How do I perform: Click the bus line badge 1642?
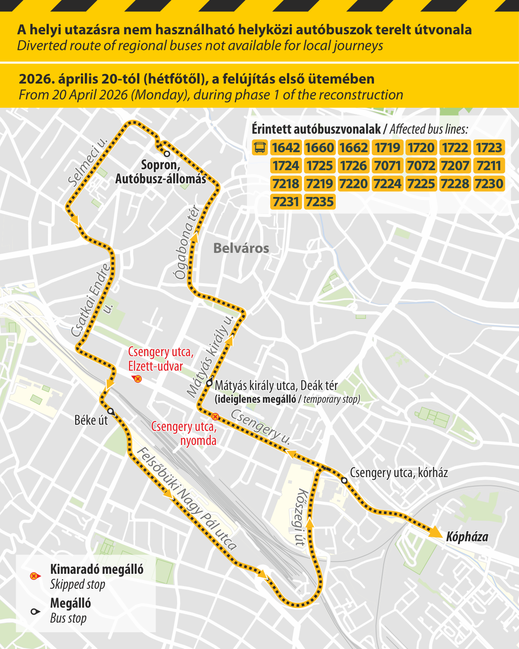tap(286, 148)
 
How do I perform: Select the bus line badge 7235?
tap(320, 202)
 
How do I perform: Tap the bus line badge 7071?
tap(387, 166)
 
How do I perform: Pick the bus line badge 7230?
tap(489, 184)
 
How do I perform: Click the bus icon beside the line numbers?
tap(260, 148)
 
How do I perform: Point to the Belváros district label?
tap(241, 248)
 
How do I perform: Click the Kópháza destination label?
tap(467, 537)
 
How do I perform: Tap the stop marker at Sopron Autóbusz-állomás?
tap(167, 154)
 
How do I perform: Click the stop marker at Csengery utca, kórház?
tap(344, 481)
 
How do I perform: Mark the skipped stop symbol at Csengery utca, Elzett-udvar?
tap(138, 379)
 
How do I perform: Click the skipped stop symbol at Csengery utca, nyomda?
tap(215, 416)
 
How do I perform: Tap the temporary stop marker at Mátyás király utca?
tap(210, 383)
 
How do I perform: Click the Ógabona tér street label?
tap(187, 243)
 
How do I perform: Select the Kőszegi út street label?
tap(301, 517)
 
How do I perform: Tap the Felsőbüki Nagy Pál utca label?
tap(187, 499)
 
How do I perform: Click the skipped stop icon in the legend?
tap(34, 576)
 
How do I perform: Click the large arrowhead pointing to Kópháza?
tap(435, 532)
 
